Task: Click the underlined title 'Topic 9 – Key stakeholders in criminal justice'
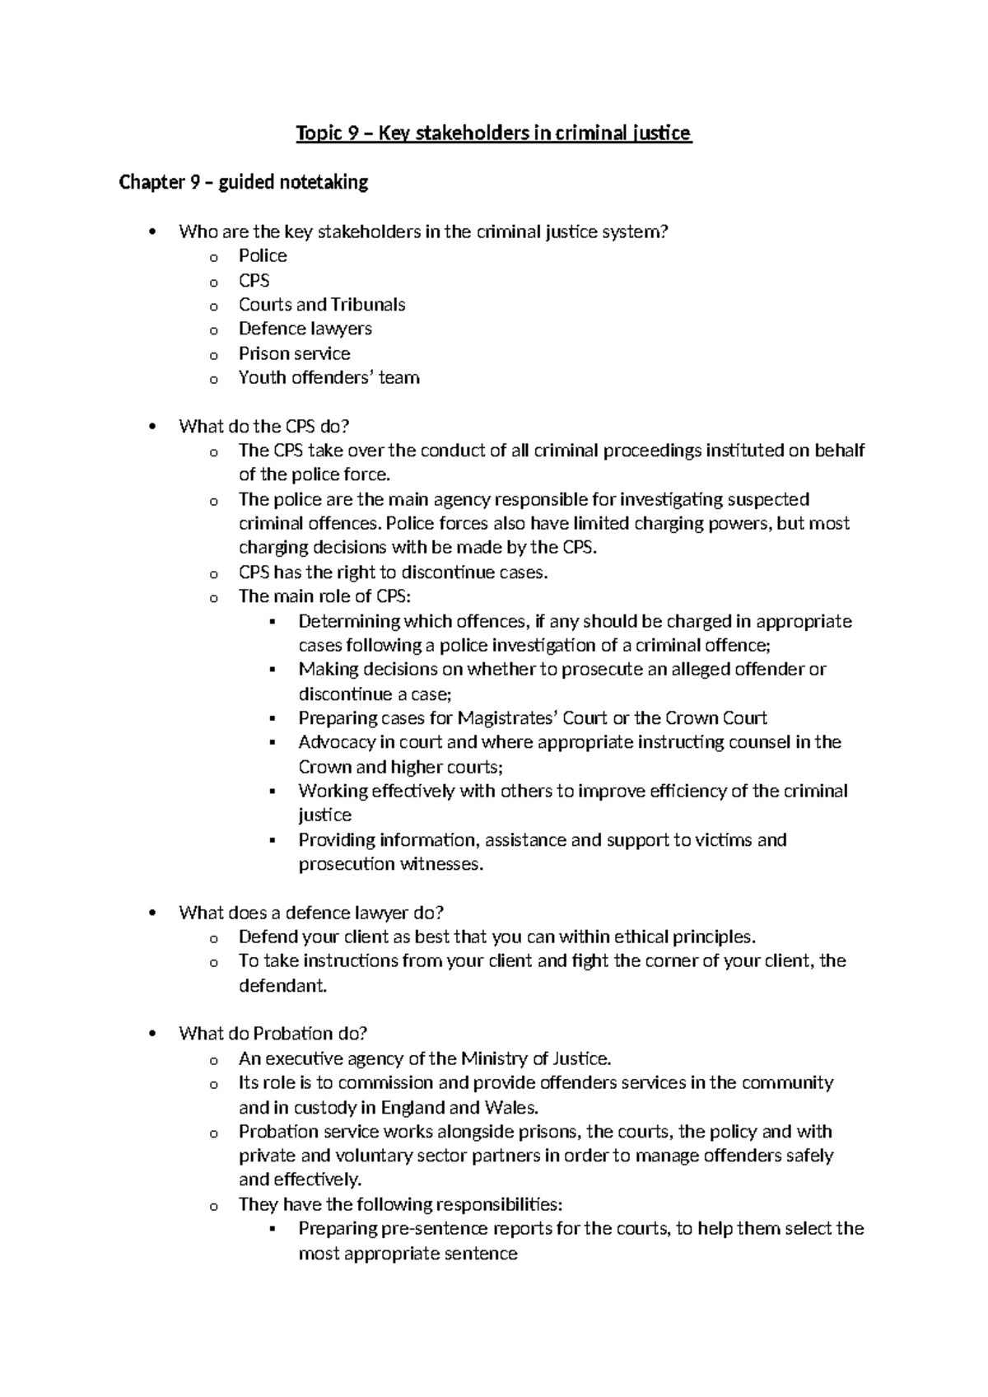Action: click(494, 133)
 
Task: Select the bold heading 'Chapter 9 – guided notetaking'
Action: click(244, 182)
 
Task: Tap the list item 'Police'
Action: click(263, 256)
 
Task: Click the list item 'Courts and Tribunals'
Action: click(322, 305)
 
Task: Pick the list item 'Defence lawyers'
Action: click(305, 329)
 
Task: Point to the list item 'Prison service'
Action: click(294, 353)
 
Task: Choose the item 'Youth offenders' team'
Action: click(329, 378)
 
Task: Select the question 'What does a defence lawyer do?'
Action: click(311, 913)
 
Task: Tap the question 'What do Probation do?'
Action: click(273, 1034)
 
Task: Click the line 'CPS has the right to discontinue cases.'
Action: click(393, 572)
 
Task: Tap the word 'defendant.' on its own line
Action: click(282, 986)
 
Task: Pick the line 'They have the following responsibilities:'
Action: click(400, 1204)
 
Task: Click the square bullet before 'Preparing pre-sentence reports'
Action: click(273, 1229)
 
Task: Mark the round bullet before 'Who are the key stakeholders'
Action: click(150, 232)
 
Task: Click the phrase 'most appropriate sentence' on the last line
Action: click(408, 1254)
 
